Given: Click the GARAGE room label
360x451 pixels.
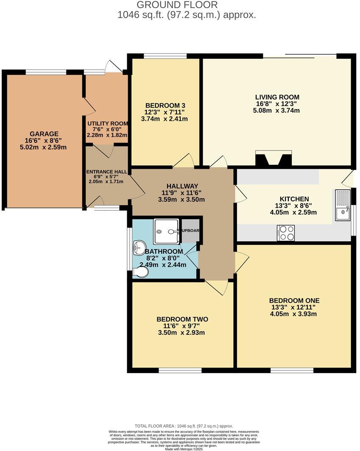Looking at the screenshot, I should click(41, 134).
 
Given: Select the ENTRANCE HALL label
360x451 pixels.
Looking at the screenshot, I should click(106, 172).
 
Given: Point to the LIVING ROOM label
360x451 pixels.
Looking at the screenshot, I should click(277, 97).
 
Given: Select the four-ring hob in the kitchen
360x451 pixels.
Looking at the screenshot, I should click(286, 233).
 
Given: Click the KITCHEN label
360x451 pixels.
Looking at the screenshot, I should click(294, 199).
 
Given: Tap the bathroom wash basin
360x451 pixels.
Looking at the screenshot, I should click(139, 248).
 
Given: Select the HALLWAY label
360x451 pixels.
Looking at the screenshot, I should click(182, 186).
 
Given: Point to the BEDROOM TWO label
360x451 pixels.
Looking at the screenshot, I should click(182, 319).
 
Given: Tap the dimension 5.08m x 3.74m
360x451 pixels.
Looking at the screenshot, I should click(277, 111).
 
